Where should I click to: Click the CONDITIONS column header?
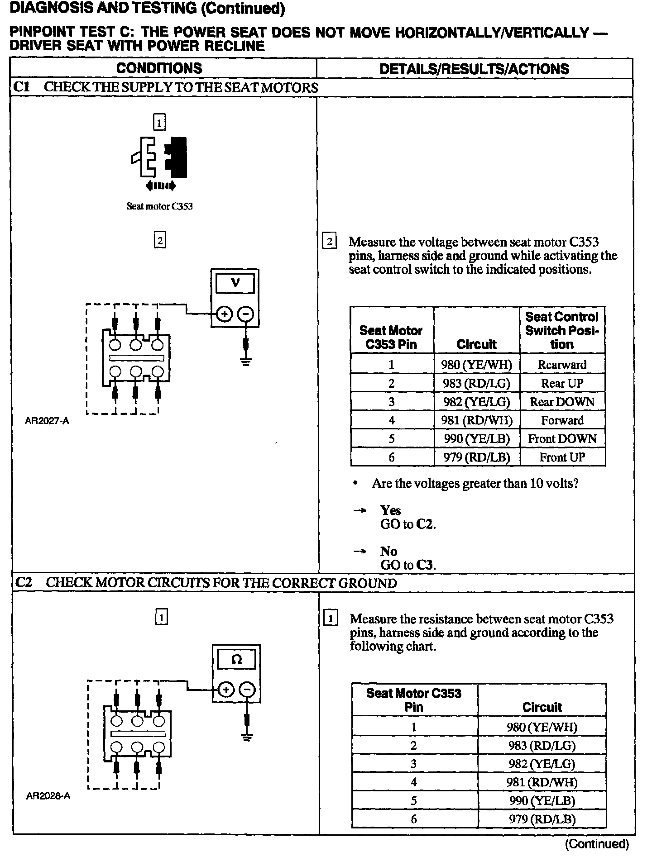pyautogui.click(x=159, y=68)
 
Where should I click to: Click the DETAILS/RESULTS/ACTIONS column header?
pyautogui.click(x=474, y=69)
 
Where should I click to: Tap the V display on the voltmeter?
pyautogui.click(x=235, y=284)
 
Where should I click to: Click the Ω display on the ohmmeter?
pyautogui.click(x=236, y=660)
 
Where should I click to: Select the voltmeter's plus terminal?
pyautogui.click(x=225, y=314)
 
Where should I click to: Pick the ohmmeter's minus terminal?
pyautogui.click(x=247, y=690)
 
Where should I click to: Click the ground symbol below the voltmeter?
pyautogui.click(x=246, y=362)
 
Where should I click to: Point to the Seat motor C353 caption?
pyautogui.click(x=159, y=206)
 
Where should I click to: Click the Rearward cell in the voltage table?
pyautogui.click(x=562, y=364)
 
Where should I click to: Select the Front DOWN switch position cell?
pyautogui.click(x=562, y=438)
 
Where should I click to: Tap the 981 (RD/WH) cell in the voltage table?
pyautogui.click(x=477, y=420)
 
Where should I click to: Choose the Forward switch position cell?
pyautogui.click(x=562, y=420)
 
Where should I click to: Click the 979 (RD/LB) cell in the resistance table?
pyautogui.click(x=542, y=819)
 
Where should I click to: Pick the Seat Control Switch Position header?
pyautogui.click(x=562, y=330)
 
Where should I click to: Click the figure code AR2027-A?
pyautogui.click(x=47, y=421)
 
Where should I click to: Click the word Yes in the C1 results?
pyautogui.click(x=390, y=510)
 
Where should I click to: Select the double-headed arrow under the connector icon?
pyautogui.click(x=161, y=186)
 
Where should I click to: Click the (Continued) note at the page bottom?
pyautogui.click(x=597, y=844)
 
